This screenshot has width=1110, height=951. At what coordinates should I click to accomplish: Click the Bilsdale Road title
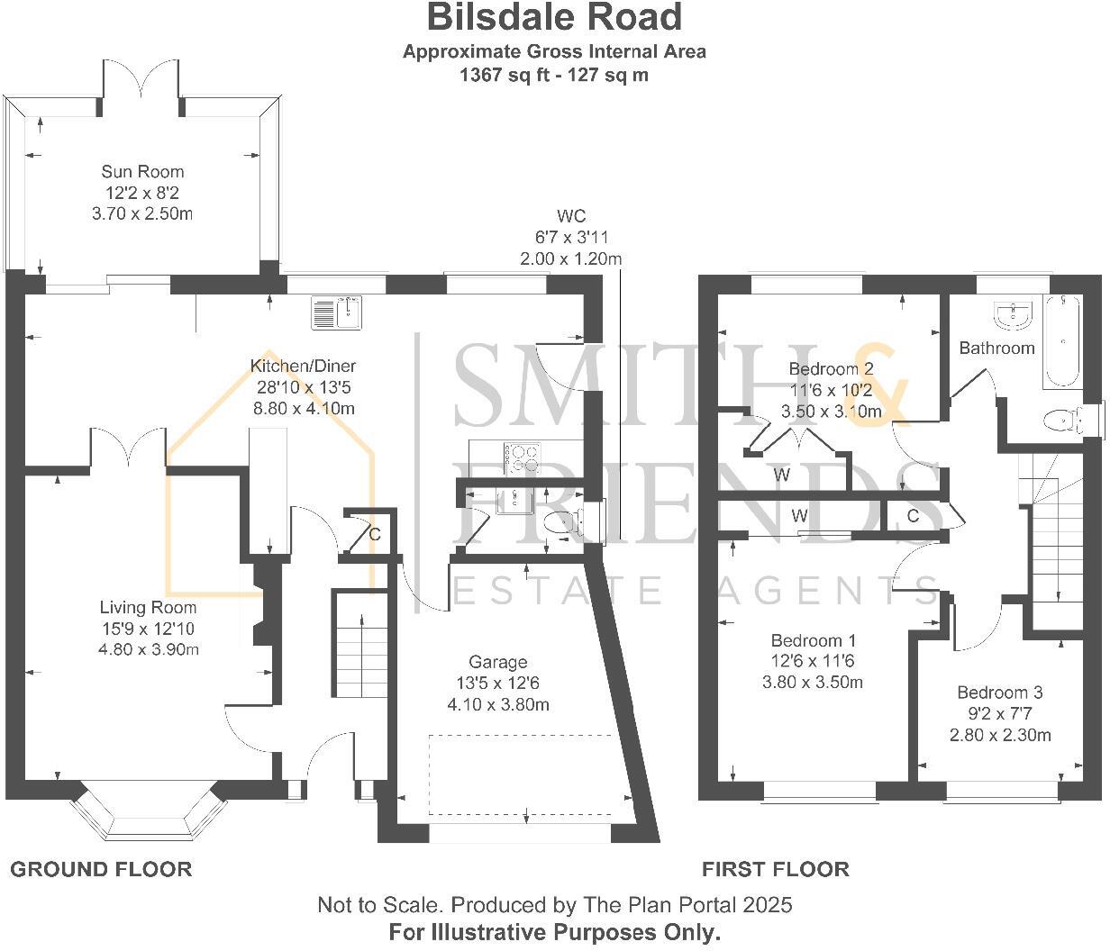coord(554,17)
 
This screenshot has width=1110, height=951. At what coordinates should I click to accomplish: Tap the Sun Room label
coord(142,171)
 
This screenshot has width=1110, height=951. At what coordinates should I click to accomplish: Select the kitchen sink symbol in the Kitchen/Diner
coord(335,312)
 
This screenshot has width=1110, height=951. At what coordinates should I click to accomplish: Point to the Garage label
coord(497,662)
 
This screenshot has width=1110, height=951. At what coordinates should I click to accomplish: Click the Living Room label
coord(148,607)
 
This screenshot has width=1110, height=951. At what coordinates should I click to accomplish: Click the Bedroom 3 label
coord(999,693)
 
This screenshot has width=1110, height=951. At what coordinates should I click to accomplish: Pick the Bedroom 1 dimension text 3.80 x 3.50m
coord(812,682)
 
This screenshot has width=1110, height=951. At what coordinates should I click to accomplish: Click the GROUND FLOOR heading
coord(101,869)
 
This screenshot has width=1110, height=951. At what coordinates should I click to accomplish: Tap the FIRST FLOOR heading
coord(775,869)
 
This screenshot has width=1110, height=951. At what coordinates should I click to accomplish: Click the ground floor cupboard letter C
coord(375,534)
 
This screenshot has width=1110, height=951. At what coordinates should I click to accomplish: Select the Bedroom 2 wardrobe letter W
coord(781,475)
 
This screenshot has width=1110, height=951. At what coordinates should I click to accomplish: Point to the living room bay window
coord(149,808)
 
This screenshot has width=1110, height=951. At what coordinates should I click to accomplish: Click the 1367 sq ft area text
coord(553,75)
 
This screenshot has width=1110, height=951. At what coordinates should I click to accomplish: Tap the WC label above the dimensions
coord(570,216)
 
